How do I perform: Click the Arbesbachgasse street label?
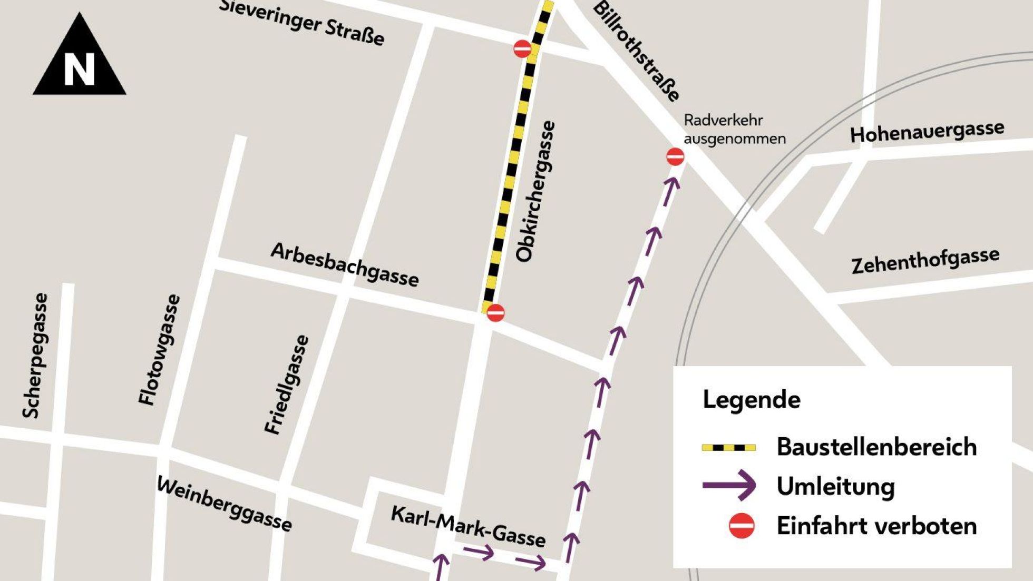click(345, 265)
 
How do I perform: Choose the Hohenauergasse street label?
click(927, 131)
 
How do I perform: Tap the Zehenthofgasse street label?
click(925, 260)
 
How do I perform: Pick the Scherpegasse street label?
click(35, 356)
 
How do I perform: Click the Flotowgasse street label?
click(159, 350)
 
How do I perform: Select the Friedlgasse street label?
click(287, 385)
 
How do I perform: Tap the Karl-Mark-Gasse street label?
click(468, 526)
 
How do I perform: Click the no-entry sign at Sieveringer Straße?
click(522, 49)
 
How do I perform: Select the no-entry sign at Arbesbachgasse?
click(495, 313)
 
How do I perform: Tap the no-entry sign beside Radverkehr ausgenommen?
click(675, 156)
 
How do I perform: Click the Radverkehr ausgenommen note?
click(734, 130)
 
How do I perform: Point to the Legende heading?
click(752, 399)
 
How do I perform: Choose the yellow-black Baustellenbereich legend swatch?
click(729, 448)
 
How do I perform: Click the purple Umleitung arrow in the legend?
click(729, 485)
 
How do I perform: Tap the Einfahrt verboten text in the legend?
click(876, 526)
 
